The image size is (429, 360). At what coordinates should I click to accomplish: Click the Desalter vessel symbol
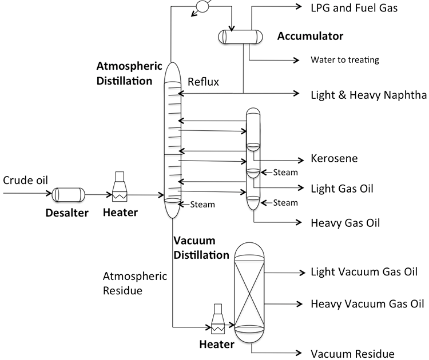(68, 194)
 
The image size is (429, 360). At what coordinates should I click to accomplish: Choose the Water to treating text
(344, 59)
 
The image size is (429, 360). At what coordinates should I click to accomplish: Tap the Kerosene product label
(334, 158)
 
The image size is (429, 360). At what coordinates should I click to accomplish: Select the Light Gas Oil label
(341, 188)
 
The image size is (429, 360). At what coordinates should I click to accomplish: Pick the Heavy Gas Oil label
(345, 222)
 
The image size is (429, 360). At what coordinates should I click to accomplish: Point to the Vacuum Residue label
(352, 353)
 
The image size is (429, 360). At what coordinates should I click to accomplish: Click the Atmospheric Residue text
(135, 283)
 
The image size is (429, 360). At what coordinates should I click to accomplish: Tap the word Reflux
(204, 83)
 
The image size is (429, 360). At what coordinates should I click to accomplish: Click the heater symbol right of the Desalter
(120, 187)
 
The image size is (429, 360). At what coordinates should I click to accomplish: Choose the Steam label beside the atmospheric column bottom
(202, 204)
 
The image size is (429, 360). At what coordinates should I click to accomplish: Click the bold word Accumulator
(310, 37)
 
